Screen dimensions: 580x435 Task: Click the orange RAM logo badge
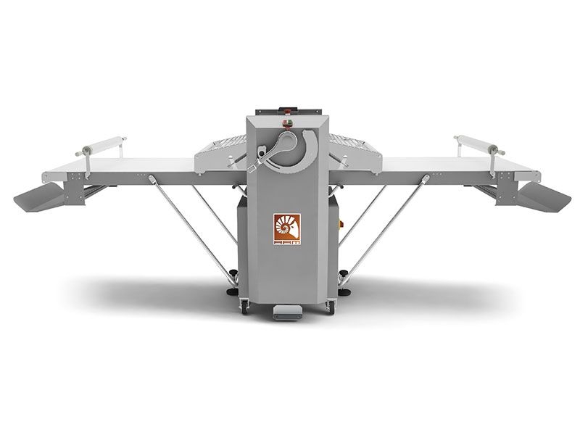(287, 228)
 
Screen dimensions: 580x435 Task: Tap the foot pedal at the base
(287, 312)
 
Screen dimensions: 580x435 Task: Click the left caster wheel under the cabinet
(244, 307)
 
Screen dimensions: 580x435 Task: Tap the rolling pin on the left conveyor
(101, 146)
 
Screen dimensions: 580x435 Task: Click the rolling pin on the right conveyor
(479, 146)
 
